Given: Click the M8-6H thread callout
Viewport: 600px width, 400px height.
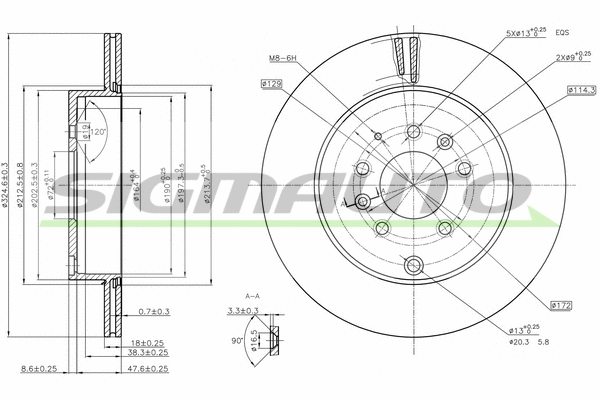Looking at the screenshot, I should coord(285,58).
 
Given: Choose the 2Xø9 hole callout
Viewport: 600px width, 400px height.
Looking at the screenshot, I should coord(574,57).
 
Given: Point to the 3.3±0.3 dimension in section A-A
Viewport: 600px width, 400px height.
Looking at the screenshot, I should coord(239,311).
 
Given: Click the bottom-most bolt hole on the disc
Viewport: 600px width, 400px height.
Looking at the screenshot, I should coord(413,265).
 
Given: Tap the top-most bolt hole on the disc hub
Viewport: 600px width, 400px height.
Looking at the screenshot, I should coord(413,131).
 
